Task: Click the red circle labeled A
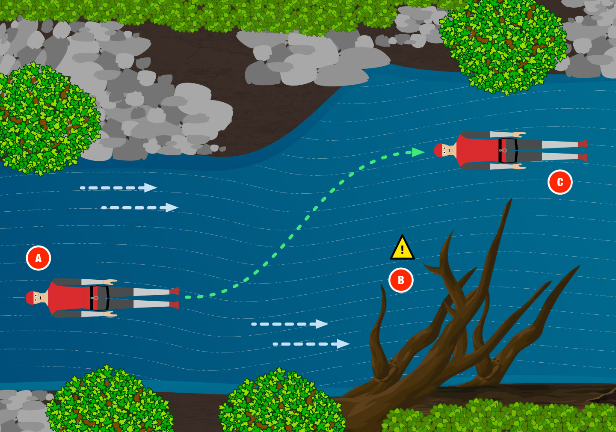pos(38,258)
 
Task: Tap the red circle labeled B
pos(401,280)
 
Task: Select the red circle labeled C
pos(560,182)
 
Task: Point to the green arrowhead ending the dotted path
pos(418,152)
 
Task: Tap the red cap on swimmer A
pos(29,298)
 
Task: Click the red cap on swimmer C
pos(438,150)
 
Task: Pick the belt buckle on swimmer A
pos(95,298)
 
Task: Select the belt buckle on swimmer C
pos(503,150)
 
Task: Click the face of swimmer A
pos(39,298)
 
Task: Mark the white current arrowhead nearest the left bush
pos(150,188)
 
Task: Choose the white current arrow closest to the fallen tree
pos(343,344)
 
